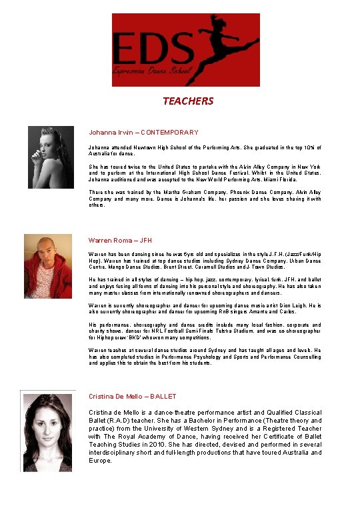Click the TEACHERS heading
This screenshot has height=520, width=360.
point(188,101)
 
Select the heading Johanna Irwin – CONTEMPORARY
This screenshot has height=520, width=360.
point(143,133)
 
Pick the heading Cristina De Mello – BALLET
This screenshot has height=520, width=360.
point(132,397)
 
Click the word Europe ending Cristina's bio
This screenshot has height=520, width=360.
point(100,461)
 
